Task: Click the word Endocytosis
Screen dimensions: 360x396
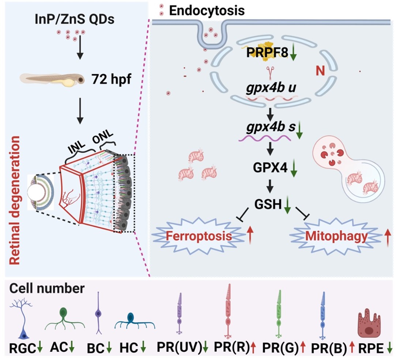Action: point(206,11)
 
